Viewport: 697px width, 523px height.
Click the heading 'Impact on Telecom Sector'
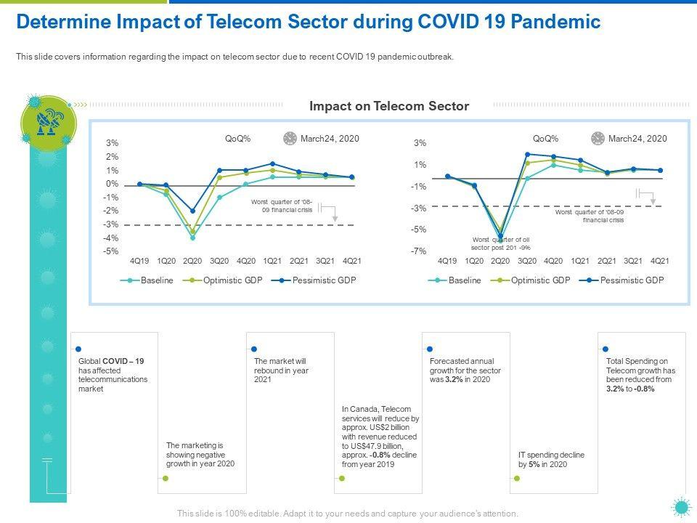(389, 106)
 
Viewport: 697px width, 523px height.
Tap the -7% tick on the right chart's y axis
(420, 251)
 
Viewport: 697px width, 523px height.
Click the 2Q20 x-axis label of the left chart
(192, 261)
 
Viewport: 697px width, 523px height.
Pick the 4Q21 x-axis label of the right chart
(659, 261)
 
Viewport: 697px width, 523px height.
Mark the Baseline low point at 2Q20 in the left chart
(192, 238)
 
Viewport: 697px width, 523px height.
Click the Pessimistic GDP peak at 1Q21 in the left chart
(272, 163)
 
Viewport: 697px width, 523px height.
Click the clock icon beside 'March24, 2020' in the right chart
(598, 138)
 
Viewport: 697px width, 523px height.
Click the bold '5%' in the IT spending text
(534, 464)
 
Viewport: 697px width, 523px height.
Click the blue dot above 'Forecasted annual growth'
(430, 349)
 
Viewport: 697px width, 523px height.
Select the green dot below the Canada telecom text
(342, 479)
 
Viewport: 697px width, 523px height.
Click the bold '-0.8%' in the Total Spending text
(644, 389)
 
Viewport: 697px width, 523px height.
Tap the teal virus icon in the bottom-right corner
(680, 507)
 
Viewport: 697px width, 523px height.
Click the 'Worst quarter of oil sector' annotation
(501, 243)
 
